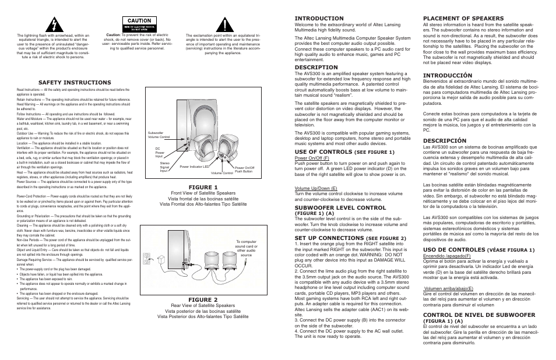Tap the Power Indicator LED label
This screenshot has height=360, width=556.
[194, 167]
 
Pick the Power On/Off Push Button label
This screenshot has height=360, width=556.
[244, 169]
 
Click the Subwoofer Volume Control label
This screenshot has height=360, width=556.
[159, 135]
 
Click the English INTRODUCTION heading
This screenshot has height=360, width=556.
[320, 18]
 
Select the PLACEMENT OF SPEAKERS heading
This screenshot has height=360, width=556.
[463, 18]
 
